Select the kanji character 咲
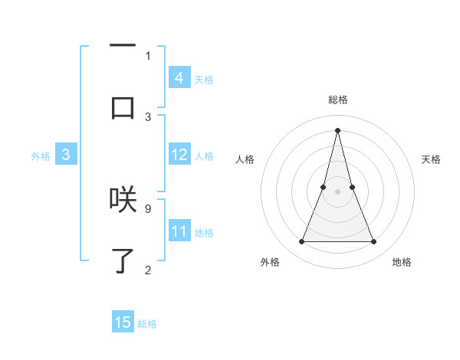pyautogui.click(x=123, y=198)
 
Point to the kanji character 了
pyautogui.click(x=123, y=260)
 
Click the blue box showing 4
pyautogui.click(x=179, y=77)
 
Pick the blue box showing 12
pyautogui.click(x=179, y=155)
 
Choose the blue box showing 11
pyautogui.click(x=179, y=231)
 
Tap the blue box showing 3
pyautogui.click(x=66, y=155)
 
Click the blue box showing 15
pyautogui.click(x=123, y=322)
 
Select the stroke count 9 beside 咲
pyautogui.click(x=147, y=208)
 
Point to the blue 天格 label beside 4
pyautogui.click(x=204, y=79)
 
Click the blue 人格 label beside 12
pyautogui.click(x=204, y=156)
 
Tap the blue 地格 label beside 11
pyautogui.click(x=204, y=233)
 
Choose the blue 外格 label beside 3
pyautogui.click(x=41, y=156)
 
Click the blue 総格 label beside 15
pyautogui.click(x=147, y=324)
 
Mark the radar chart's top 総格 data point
pyautogui.click(x=337, y=129)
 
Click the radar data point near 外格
pyautogui.click(x=301, y=242)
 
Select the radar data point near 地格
pyautogui.click(x=374, y=242)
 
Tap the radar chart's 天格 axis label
pyautogui.click(x=432, y=159)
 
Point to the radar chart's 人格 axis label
pyautogui.click(x=245, y=159)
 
